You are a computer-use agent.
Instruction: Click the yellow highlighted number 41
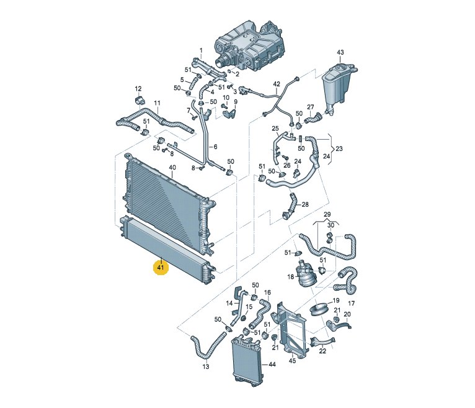coord(161,267)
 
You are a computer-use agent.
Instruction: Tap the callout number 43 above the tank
coord(340,53)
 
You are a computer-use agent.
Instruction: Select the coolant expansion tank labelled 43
coord(339,88)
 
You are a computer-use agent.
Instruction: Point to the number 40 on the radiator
coord(172,168)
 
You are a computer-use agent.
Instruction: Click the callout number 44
coord(272,364)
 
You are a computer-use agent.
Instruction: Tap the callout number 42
coord(277,84)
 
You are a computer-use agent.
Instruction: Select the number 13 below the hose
coord(206,367)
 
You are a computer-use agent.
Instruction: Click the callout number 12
coord(138,89)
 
